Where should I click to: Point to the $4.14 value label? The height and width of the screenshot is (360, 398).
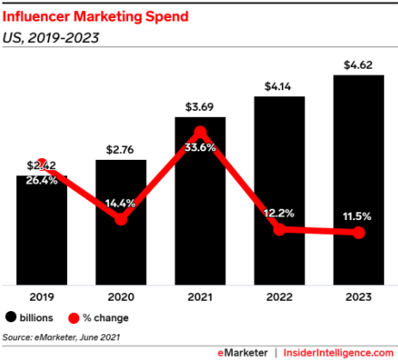(x=279, y=86)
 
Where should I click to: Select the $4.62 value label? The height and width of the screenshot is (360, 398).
(x=358, y=64)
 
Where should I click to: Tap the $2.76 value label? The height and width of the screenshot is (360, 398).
(x=121, y=149)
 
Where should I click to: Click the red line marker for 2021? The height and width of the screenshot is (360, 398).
(x=200, y=132)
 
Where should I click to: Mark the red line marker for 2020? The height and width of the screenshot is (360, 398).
(x=121, y=218)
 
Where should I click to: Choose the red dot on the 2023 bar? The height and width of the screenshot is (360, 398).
(x=358, y=233)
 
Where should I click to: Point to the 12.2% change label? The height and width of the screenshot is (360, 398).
(x=279, y=212)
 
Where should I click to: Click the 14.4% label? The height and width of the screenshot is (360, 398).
(x=121, y=204)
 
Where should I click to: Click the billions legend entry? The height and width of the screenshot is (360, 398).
(x=32, y=316)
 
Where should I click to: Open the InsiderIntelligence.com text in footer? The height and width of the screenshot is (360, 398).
(x=337, y=351)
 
